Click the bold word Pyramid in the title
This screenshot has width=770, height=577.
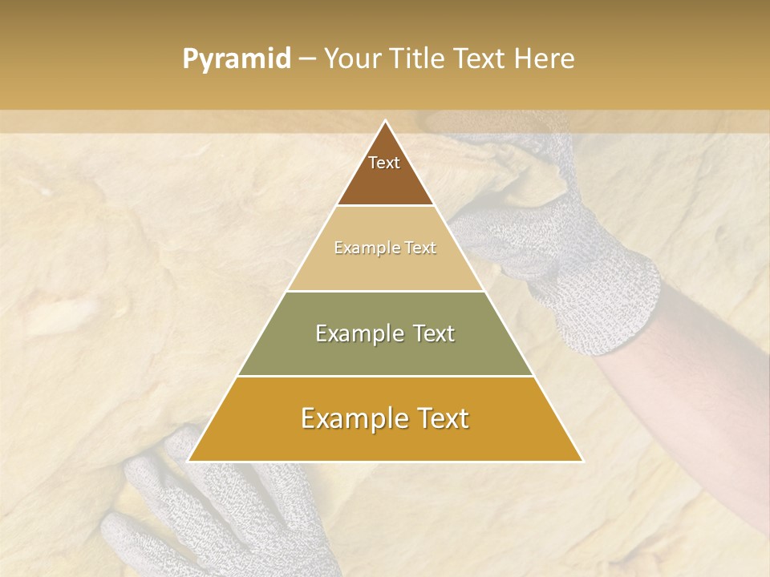click(x=236, y=59)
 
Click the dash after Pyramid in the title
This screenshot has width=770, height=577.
click(x=306, y=59)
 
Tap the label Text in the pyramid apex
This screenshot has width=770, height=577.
click(x=384, y=163)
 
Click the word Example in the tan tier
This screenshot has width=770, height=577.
click(x=363, y=248)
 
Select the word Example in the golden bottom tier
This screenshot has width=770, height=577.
click(x=351, y=418)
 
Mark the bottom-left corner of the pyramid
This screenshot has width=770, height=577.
click(x=188, y=461)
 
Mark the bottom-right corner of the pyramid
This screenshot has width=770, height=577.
click(x=582, y=461)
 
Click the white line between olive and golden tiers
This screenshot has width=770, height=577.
click(x=385, y=376)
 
